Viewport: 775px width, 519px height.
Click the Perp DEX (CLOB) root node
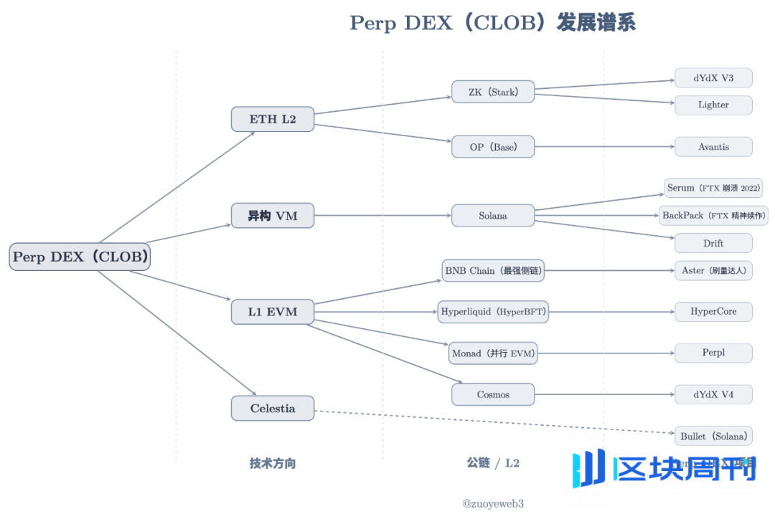click(80, 257)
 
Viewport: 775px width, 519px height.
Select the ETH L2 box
click(273, 119)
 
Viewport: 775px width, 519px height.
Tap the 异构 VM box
click(273, 215)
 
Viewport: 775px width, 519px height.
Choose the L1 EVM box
click(273, 312)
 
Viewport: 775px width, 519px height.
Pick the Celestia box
click(273, 409)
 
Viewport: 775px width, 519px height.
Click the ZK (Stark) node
click(493, 92)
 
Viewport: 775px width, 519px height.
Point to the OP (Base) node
click(493, 147)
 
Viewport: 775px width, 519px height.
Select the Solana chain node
click(493, 215)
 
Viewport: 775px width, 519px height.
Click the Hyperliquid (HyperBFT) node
click(494, 312)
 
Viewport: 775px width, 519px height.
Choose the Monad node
click(494, 353)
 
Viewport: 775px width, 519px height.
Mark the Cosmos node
click(493, 394)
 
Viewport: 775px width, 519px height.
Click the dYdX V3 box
click(713, 77)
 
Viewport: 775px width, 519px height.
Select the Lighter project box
click(713, 105)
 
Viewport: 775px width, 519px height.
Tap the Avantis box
click(713, 147)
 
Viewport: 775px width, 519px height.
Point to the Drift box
click(713, 243)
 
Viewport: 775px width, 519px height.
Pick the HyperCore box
click(713, 312)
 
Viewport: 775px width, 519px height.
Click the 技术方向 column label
click(273, 463)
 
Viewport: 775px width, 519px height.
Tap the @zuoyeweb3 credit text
click(493, 504)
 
